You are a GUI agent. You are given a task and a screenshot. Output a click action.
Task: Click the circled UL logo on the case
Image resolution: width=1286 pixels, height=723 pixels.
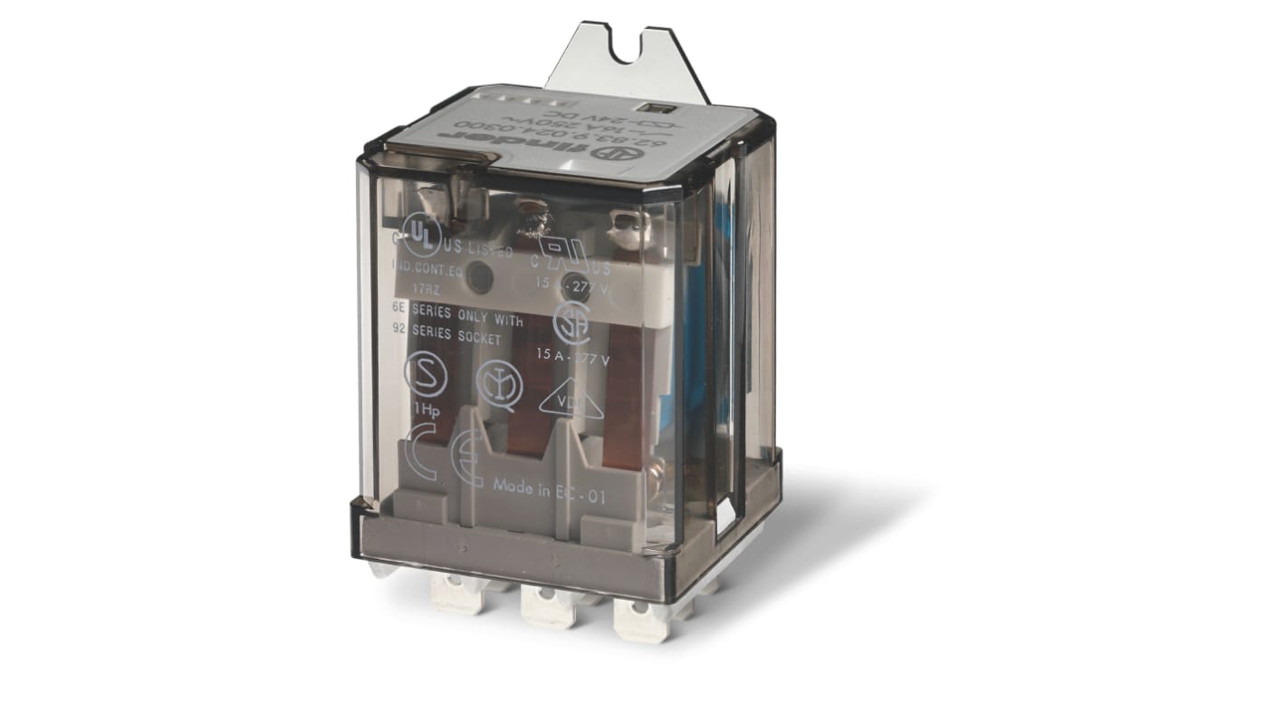421,234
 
